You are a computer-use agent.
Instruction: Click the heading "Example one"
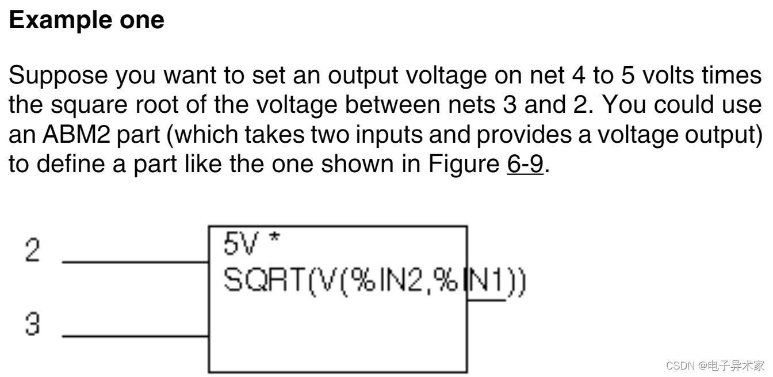point(87,21)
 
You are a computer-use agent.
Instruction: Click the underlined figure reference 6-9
point(525,165)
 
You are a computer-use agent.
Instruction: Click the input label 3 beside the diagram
point(33,326)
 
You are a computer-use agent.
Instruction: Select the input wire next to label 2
point(135,262)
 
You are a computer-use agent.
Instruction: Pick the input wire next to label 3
point(135,336)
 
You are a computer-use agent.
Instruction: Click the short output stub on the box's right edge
point(487,300)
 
